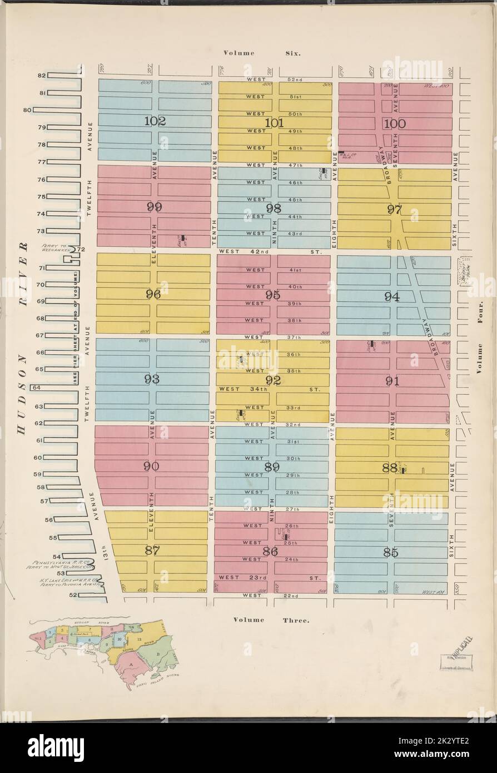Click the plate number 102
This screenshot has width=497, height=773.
[x=155, y=122]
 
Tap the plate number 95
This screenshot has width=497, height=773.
[x=272, y=295]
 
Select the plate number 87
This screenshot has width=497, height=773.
[x=152, y=551]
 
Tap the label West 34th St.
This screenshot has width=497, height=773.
[x=269, y=390]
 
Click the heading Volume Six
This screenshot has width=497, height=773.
[x=262, y=53]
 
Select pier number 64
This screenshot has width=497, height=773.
[x=36, y=388]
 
